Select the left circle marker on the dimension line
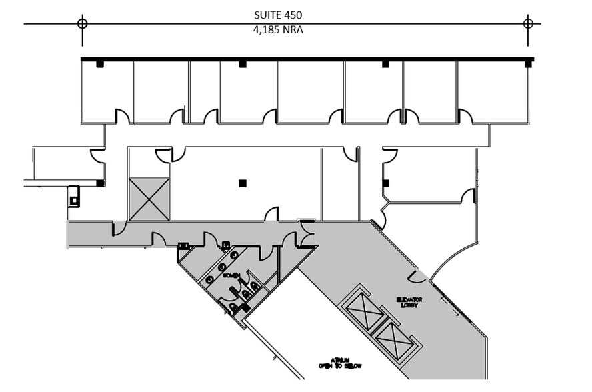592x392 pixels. pos(82,23)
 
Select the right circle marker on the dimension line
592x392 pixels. pos(528,23)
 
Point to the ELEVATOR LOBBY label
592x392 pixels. pos(409,302)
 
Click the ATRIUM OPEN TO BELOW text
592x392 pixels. pos(339,363)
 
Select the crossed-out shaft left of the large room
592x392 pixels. pos(149,199)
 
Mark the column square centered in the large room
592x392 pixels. pos(243,183)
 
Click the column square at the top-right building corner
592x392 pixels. pos(528,64)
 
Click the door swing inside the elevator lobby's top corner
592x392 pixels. pos(417,276)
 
